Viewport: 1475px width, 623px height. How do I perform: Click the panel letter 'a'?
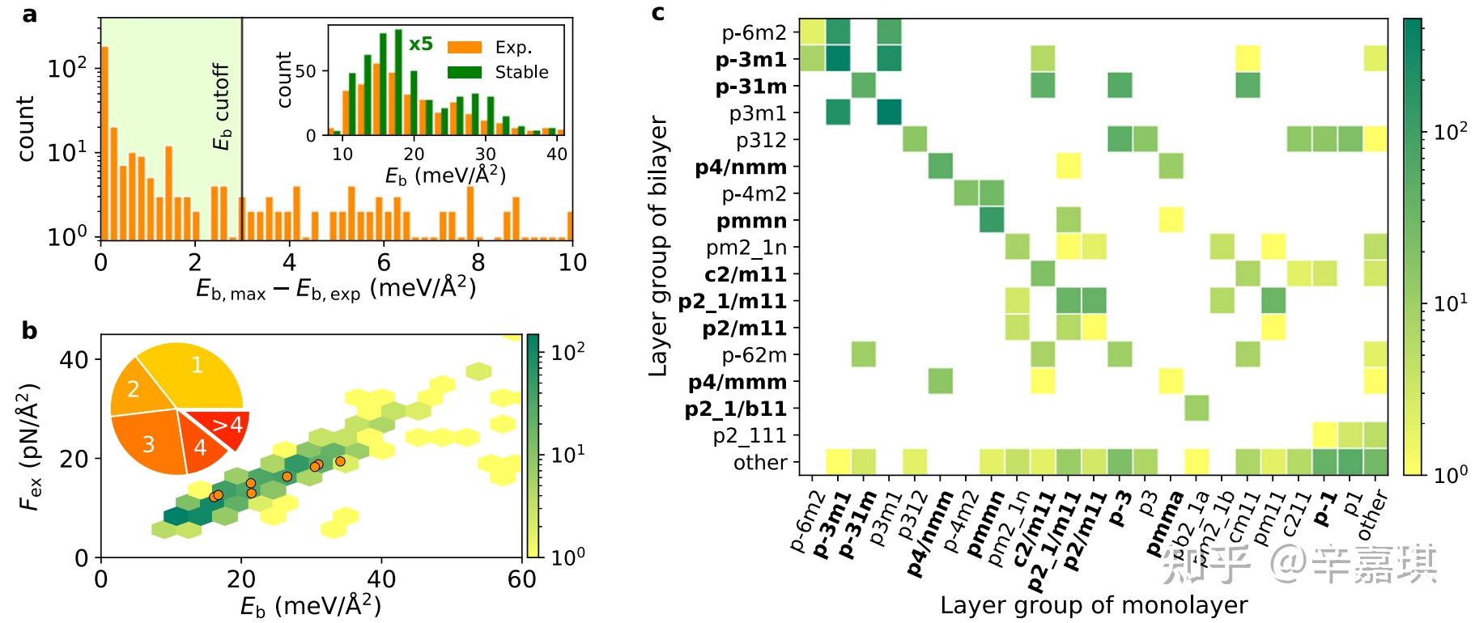click(30, 14)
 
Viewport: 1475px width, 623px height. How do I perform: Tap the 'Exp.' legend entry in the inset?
click(512, 48)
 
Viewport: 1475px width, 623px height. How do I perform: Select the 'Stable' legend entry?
click(521, 72)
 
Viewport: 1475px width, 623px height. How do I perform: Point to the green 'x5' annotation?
click(421, 44)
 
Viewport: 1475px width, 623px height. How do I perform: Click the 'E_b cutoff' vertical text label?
click(222, 107)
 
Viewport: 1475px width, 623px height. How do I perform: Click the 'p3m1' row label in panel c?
click(757, 113)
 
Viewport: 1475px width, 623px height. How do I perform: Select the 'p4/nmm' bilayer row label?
click(741, 167)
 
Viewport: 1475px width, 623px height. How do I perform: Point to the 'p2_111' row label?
click(749, 435)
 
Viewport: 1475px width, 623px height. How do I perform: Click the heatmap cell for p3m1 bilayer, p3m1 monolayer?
click(889, 112)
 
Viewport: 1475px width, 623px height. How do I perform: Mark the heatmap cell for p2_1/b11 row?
click(1196, 409)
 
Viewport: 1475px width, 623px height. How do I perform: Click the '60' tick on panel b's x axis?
click(522, 579)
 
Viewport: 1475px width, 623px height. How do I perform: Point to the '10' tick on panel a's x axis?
click(572, 262)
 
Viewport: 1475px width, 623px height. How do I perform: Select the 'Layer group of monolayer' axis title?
click(1094, 605)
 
